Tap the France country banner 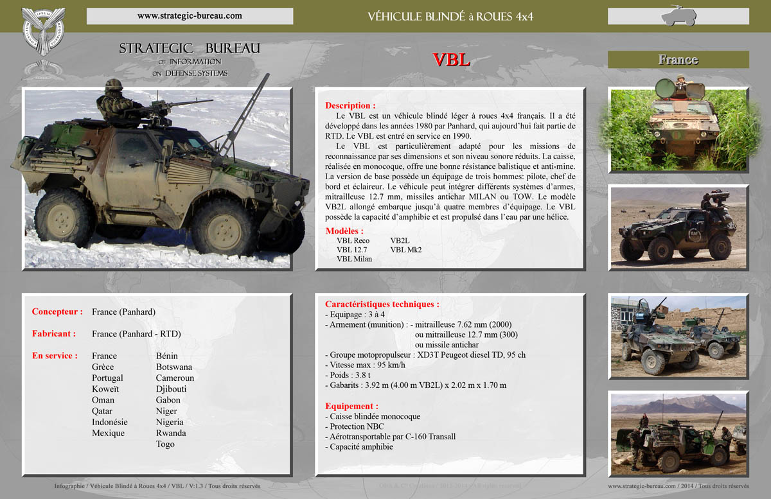tap(678, 60)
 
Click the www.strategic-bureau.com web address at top tap(190, 15)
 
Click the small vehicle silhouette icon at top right tap(678, 15)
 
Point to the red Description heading tap(350, 105)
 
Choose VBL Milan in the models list tap(354, 259)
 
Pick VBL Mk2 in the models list tap(405, 249)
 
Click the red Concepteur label tap(57, 312)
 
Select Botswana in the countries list tap(173, 367)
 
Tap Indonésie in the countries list tap(109, 422)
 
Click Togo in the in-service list tap(165, 444)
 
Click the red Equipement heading tap(351, 406)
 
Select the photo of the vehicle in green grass tap(678, 128)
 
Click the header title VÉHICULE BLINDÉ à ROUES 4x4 tap(450, 16)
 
